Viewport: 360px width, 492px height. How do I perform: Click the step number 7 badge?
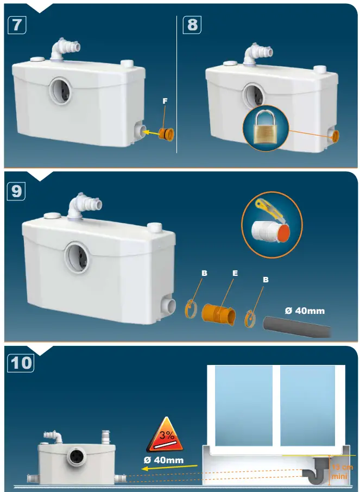[16, 25]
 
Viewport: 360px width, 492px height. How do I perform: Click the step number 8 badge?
[192, 25]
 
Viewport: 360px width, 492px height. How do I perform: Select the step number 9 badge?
[16, 192]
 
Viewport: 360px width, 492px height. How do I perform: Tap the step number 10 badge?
[21, 362]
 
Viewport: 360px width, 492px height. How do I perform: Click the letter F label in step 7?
[165, 101]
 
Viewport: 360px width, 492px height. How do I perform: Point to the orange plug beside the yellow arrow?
[165, 133]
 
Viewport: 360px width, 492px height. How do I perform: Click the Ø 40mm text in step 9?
[305, 311]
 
